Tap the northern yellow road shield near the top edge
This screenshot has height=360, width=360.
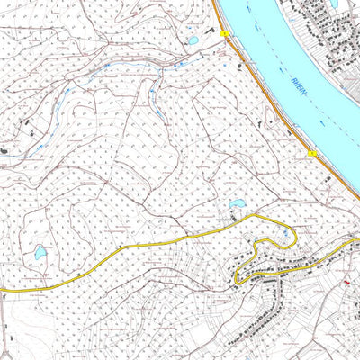(223, 34)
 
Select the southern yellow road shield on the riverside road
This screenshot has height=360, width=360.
(312, 154)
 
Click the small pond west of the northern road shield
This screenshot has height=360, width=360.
(193, 40)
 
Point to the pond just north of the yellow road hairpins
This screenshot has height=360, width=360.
(238, 204)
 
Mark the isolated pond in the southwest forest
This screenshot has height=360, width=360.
(40, 254)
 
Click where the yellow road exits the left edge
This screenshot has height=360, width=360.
(2, 292)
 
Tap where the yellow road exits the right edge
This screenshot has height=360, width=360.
(357, 241)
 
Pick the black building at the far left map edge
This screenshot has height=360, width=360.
(4, 148)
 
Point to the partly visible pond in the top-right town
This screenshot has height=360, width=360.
(334, 3)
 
